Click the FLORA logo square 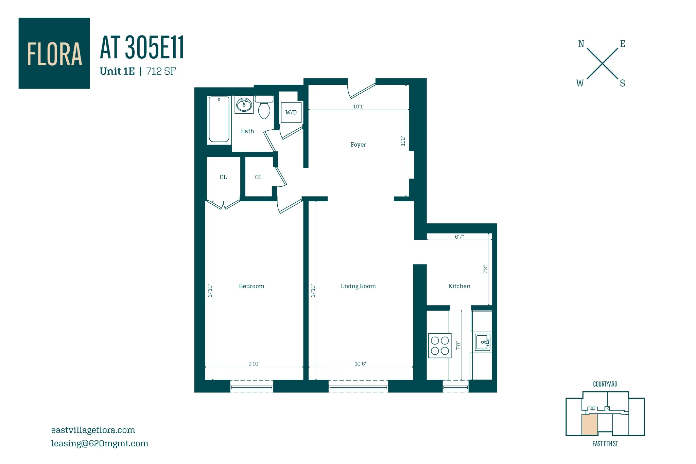[x=54, y=53]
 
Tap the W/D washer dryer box [x=291, y=112]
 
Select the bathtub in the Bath [x=219, y=119]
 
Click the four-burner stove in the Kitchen [x=440, y=346]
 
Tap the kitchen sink [x=483, y=342]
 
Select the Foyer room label [x=358, y=145]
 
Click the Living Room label [x=358, y=286]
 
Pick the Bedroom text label [x=251, y=286]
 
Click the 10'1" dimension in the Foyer [x=359, y=107]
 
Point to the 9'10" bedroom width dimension [x=254, y=364]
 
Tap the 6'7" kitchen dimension [x=459, y=237]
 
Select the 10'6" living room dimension [x=361, y=364]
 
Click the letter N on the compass [x=581, y=44]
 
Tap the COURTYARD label [x=605, y=384]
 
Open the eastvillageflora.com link [x=93, y=430]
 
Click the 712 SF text [x=161, y=71]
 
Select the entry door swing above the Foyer [x=361, y=90]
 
